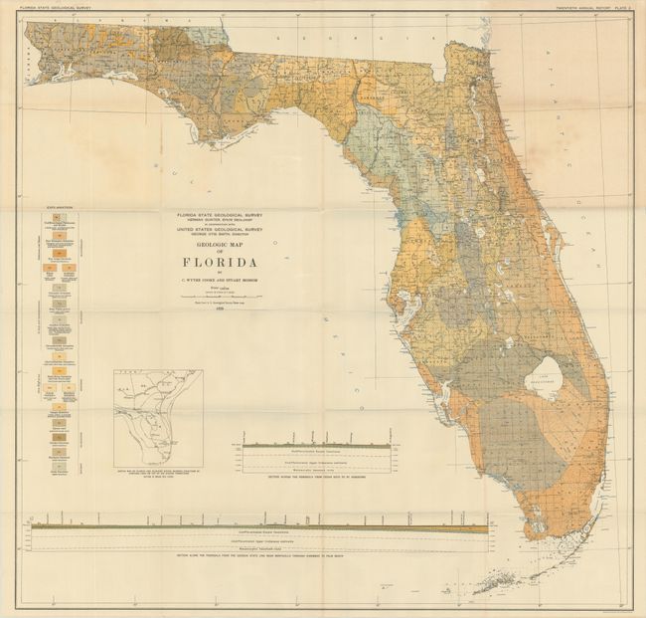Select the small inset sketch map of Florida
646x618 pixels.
[158, 418]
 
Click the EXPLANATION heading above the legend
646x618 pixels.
[49, 206]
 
